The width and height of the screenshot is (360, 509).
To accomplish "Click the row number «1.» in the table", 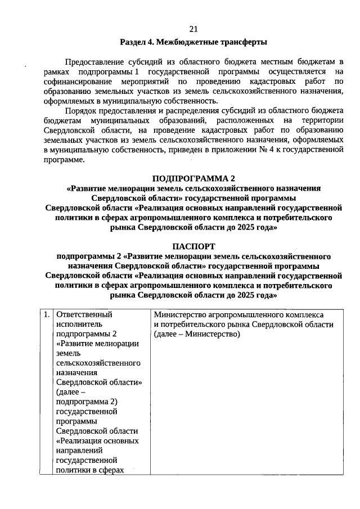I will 47,315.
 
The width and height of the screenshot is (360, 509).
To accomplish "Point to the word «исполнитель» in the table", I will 79,325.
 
